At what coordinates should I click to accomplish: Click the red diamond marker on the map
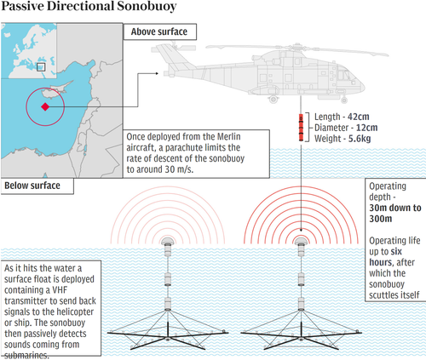45,106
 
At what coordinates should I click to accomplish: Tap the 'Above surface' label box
160,31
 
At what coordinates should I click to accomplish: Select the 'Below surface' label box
37,186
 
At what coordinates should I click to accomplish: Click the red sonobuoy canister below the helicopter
301,128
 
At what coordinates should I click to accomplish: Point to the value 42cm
359,117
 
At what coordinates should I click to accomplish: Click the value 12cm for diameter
367,128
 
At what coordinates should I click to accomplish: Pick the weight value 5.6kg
360,139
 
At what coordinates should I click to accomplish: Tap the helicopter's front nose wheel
344,100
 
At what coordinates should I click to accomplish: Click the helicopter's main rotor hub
297,47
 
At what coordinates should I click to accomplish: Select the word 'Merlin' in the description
229,136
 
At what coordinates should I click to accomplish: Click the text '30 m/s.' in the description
179,169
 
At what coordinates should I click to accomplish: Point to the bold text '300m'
381,219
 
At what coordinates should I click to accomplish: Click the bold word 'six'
396,251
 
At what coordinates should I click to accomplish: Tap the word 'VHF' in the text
60,290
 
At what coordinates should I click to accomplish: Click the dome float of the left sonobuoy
168,242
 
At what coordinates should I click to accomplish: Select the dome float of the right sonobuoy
301,242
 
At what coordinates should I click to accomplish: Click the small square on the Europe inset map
41,67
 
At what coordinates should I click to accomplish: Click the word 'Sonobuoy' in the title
147,6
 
